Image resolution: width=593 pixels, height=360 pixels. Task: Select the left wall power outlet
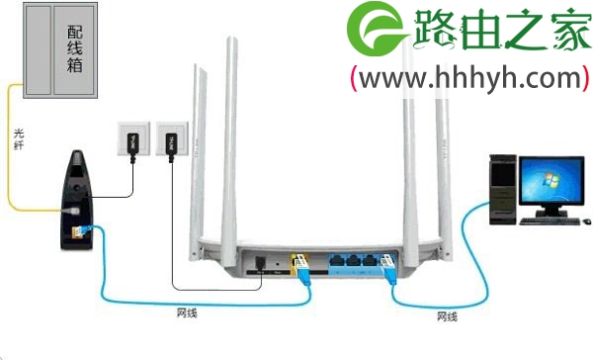(130, 140)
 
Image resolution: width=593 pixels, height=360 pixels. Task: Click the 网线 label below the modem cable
(186, 314)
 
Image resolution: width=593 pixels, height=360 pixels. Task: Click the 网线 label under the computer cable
(447, 316)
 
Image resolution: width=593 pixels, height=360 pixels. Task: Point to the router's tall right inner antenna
(407, 138)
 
